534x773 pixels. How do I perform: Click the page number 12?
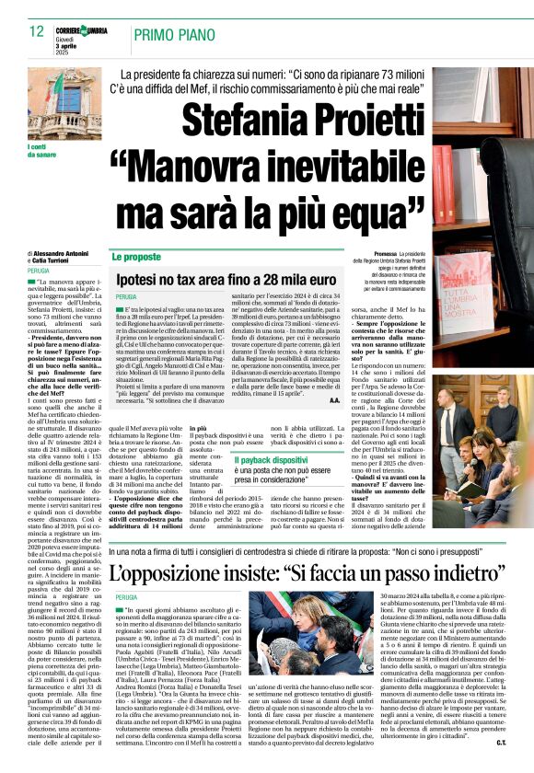coord(37,32)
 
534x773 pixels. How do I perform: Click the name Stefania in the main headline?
coord(239,118)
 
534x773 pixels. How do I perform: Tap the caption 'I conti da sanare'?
coord(39,151)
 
